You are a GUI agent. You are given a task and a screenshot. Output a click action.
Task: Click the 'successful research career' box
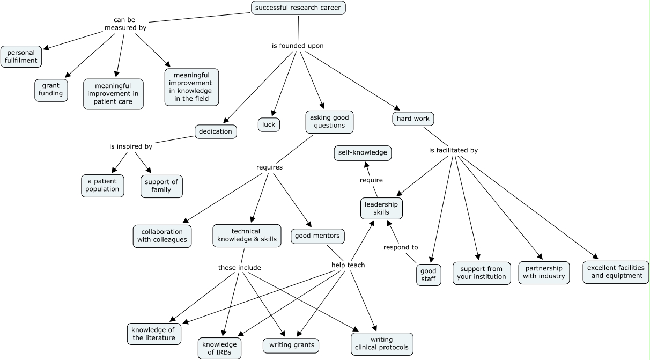pyautogui.click(x=298, y=8)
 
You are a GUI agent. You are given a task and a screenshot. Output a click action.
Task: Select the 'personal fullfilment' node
pyautogui.click(x=21, y=56)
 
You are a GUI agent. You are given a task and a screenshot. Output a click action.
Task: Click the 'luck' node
pyautogui.click(x=269, y=124)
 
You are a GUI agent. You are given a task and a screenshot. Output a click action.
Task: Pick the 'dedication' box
pyautogui.click(x=216, y=131)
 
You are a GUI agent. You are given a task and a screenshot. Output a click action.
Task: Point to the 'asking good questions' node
pyautogui.click(x=329, y=122)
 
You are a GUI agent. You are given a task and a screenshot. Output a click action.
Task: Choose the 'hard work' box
pyautogui.click(x=413, y=119)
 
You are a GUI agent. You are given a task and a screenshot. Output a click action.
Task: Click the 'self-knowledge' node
pyautogui.click(x=363, y=153)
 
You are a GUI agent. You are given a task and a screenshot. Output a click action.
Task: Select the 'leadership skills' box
pyautogui.click(x=381, y=208)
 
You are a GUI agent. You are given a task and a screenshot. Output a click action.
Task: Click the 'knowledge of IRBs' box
pyautogui.click(x=219, y=348)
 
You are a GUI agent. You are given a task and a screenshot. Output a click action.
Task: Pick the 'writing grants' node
pyautogui.click(x=291, y=345)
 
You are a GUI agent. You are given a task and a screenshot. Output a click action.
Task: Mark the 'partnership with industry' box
pyautogui.click(x=543, y=273)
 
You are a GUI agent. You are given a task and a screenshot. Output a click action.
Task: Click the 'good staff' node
pyautogui.click(x=429, y=275)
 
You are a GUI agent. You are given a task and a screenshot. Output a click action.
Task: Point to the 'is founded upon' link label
pyautogui.click(x=298, y=46)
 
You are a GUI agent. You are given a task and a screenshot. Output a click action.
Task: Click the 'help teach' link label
pyautogui.click(x=349, y=265)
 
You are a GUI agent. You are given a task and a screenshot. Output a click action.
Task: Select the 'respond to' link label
pyautogui.click(x=401, y=247)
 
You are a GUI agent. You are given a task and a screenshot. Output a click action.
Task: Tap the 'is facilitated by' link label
pyautogui.click(x=453, y=150)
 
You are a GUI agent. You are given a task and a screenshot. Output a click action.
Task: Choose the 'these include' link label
pyautogui.click(x=239, y=267)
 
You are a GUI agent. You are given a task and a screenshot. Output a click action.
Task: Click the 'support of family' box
pyautogui.click(x=161, y=186)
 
